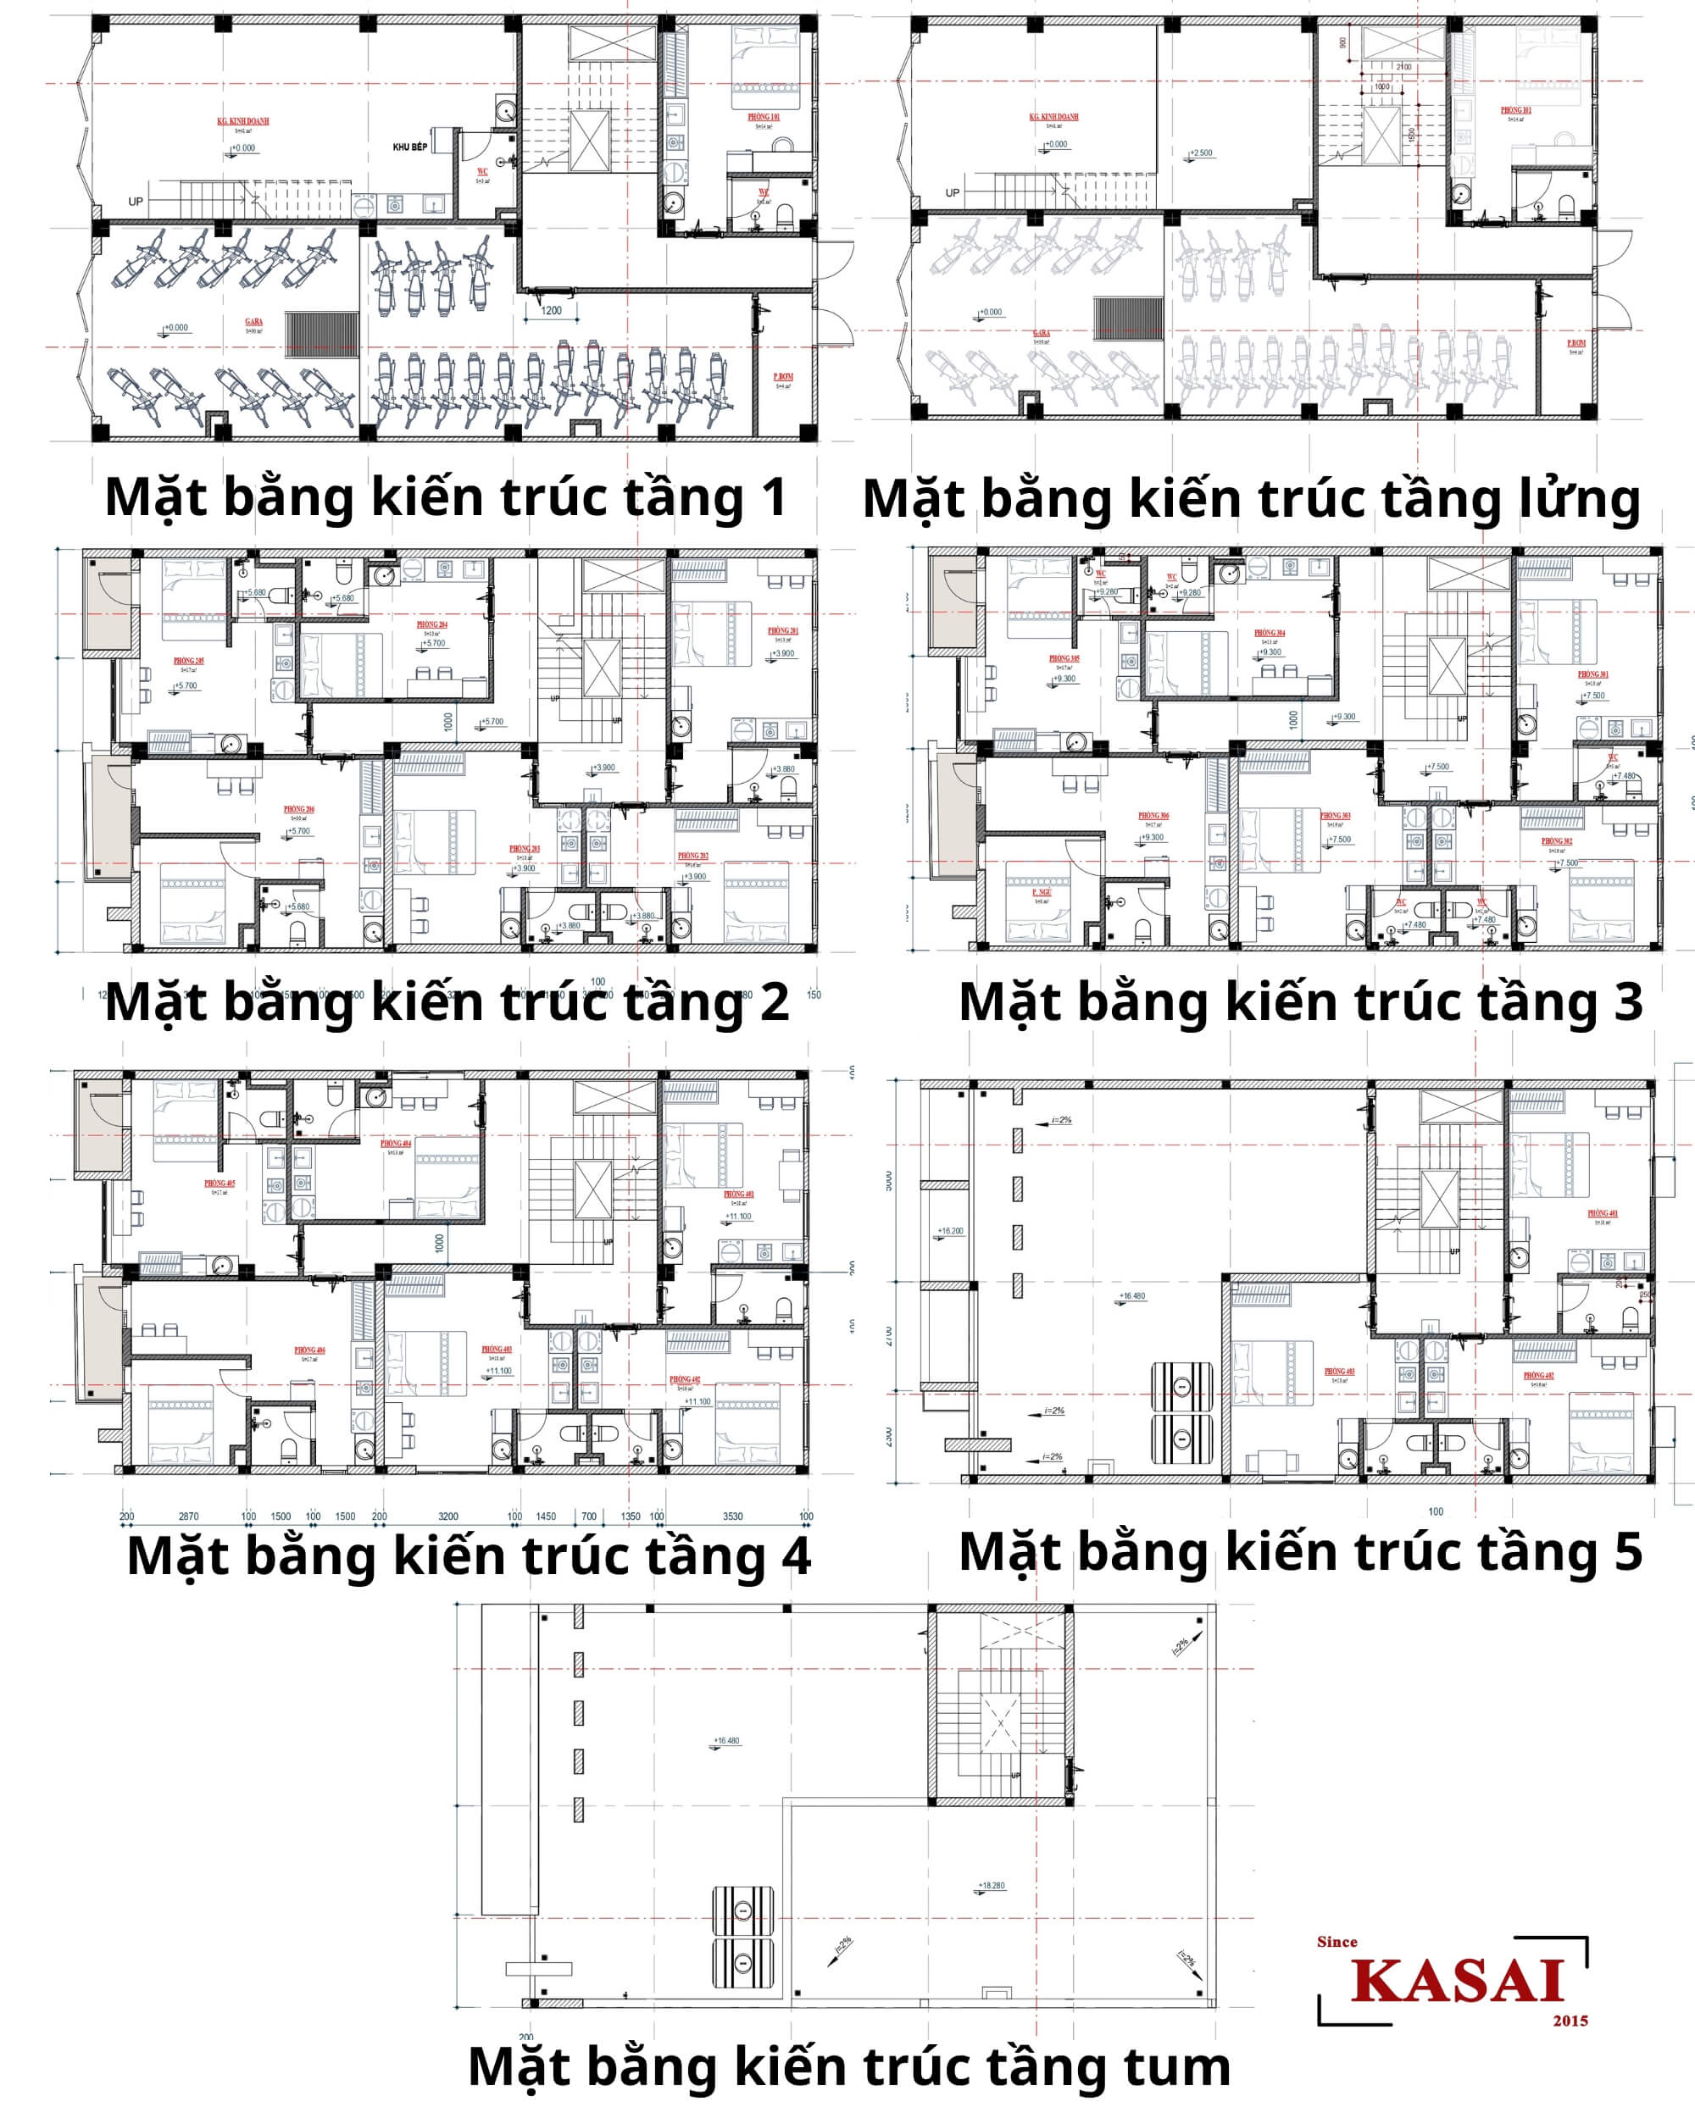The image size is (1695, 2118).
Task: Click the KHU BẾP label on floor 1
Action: coord(409,147)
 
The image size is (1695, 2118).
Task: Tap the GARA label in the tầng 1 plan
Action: coord(253,321)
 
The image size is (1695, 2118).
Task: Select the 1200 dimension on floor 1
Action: coord(551,310)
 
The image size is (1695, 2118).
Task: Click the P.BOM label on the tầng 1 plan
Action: coord(783,377)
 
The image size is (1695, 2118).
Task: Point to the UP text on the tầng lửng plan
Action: coord(952,192)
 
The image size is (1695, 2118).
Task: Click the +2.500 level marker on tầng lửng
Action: coord(1201,153)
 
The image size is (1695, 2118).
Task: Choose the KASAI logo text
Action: coord(1456,1982)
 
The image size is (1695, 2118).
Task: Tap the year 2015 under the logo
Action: coord(1570,2021)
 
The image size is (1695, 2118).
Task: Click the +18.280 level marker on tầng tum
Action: coord(992,1885)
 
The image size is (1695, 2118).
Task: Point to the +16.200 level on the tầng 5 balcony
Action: coord(950,1231)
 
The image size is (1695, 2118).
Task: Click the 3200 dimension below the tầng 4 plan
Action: coord(448,1516)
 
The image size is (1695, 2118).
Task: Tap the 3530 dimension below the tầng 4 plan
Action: coord(733,1516)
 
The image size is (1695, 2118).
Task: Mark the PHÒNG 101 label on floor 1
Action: coord(764,117)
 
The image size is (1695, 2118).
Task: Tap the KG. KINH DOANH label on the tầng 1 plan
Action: coord(242,122)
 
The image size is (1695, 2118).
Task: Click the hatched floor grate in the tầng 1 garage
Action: coord(322,334)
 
